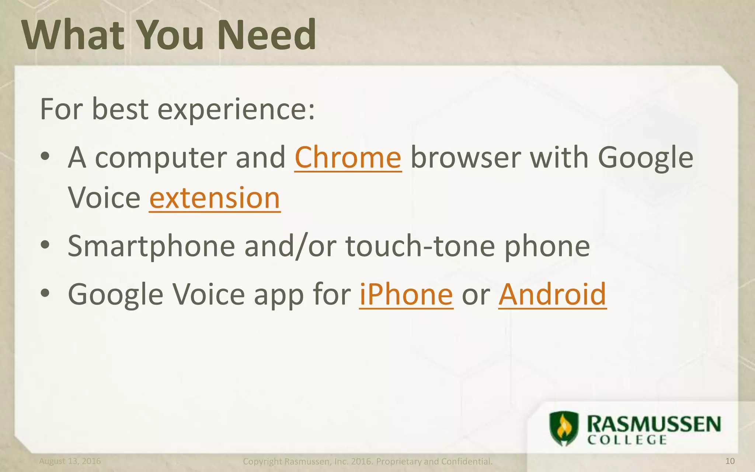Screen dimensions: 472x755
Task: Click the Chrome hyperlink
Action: click(348, 157)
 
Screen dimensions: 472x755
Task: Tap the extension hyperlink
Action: click(215, 198)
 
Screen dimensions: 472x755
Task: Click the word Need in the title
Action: click(266, 35)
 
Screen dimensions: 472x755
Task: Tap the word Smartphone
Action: click(151, 246)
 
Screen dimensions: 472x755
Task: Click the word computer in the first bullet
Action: click(160, 158)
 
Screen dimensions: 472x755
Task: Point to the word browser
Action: click(465, 157)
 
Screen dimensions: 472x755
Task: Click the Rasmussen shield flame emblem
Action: click(564, 428)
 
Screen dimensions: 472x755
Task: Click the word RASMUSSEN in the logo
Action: click(654, 424)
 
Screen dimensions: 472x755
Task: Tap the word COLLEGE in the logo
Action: click(627, 440)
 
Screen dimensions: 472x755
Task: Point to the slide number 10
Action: click(730, 461)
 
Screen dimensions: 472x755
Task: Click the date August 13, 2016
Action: click(70, 461)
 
